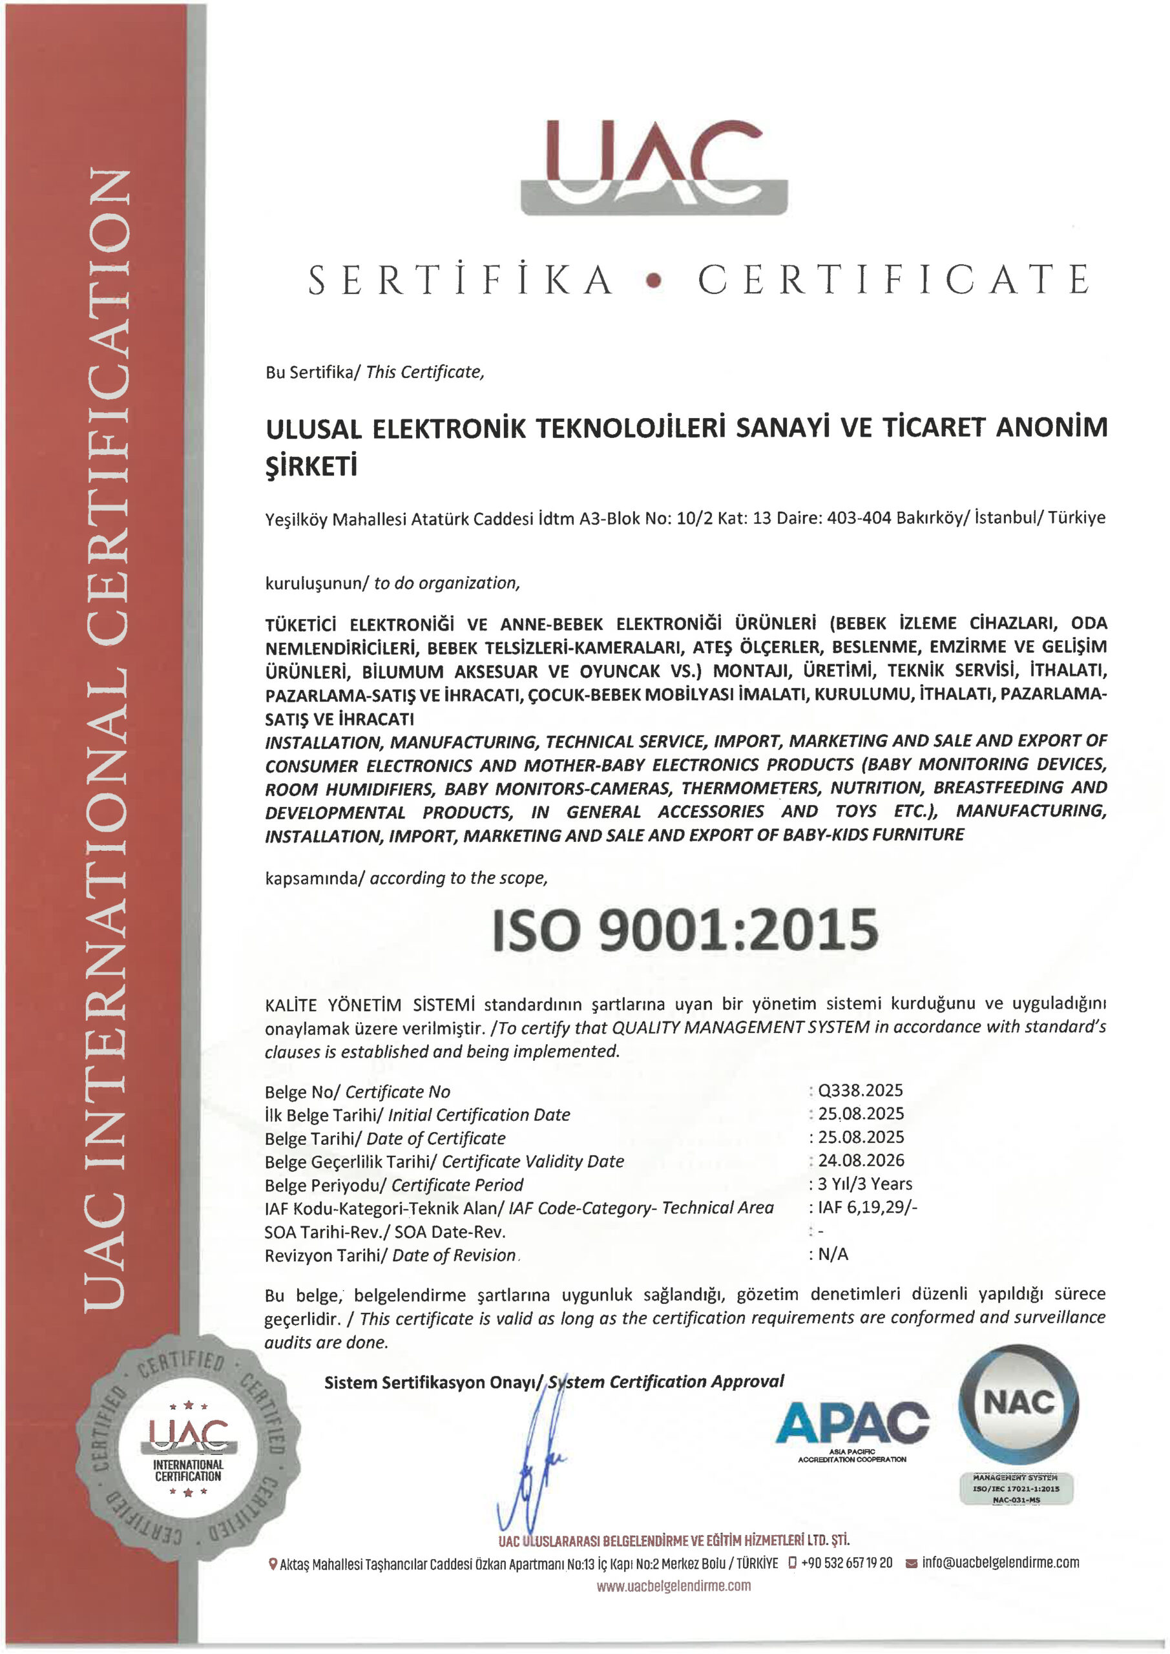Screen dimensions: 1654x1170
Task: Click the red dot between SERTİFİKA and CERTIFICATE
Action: (x=653, y=282)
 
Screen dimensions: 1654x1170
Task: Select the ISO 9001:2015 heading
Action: (x=685, y=930)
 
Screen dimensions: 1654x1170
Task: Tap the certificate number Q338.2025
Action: (x=859, y=1091)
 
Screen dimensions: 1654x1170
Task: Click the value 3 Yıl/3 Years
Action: (x=864, y=1184)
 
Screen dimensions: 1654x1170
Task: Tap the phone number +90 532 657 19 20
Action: (x=846, y=1562)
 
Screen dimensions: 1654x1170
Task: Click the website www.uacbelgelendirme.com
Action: (x=673, y=1586)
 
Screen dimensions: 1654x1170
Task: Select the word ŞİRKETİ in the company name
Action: (x=311, y=468)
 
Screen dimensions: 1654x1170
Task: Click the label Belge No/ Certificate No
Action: (x=357, y=1092)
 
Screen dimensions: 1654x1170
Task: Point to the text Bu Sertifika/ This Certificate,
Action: (x=375, y=372)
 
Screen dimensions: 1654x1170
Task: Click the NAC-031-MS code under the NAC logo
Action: (x=1016, y=1500)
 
